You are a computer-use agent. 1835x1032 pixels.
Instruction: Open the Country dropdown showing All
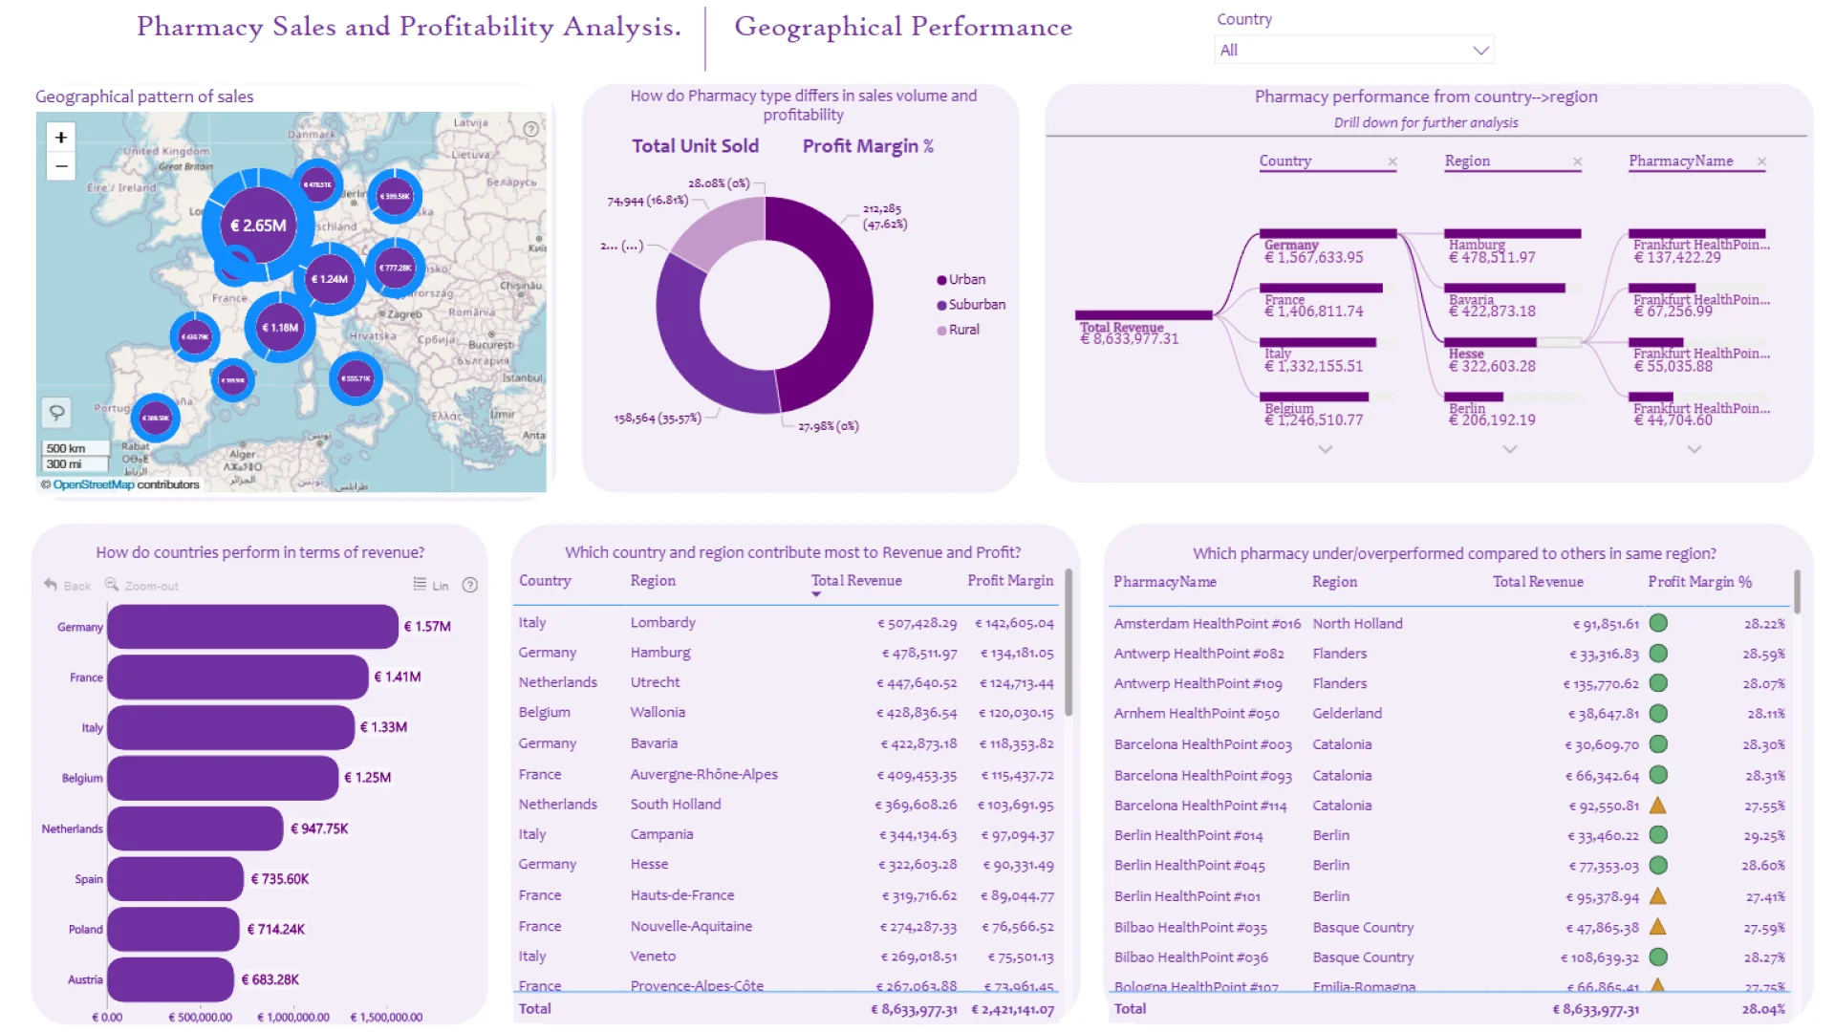coord(1353,50)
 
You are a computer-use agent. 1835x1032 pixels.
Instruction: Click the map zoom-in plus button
coord(61,137)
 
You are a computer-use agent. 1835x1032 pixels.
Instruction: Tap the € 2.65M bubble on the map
coord(258,226)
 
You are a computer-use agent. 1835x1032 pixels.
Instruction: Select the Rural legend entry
coord(963,330)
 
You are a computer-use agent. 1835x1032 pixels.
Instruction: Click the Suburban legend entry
coord(976,305)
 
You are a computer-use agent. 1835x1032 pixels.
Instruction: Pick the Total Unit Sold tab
coord(695,146)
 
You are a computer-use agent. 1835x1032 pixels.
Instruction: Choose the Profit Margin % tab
coord(868,146)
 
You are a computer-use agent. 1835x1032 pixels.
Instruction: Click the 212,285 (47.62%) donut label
coord(884,216)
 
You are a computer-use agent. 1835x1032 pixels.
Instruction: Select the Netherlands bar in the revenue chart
coord(195,828)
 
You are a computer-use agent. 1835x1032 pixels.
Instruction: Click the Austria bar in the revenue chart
coord(170,979)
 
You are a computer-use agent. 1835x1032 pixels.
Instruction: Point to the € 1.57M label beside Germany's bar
coord(427,627)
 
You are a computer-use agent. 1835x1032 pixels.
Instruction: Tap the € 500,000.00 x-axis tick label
coord(201,1018)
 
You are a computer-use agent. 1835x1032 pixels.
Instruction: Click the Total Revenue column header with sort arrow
coord(856,581)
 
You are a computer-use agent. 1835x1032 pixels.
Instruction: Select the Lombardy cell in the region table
coord(662,623)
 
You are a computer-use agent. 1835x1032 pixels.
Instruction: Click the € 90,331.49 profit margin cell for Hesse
coord(1018,865)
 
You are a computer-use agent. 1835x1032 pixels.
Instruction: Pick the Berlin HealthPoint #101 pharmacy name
coord(1187,896)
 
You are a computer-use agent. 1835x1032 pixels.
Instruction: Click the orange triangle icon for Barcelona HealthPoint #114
coord(1658,806)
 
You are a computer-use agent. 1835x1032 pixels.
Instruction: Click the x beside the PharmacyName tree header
coord(1761,161)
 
